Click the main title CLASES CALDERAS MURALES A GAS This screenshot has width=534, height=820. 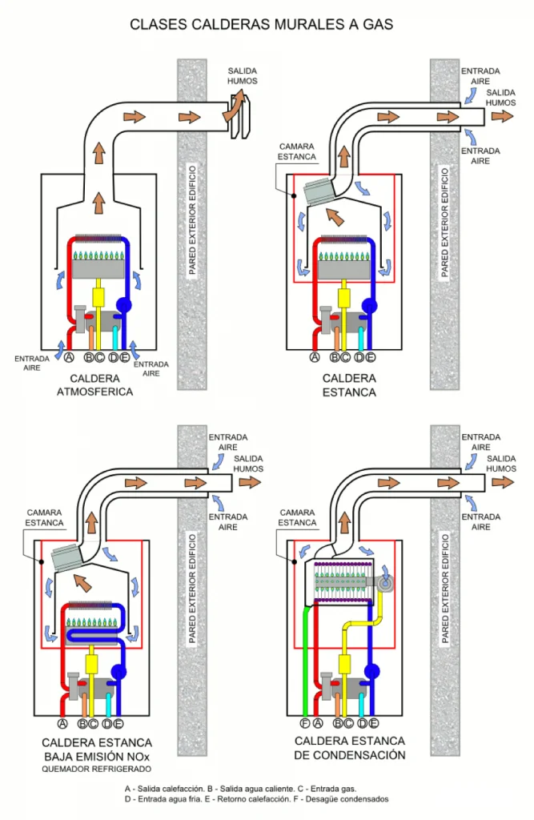[261, 24]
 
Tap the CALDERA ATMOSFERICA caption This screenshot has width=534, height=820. [94, 385]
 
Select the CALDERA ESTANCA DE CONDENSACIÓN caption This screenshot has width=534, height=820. [349, 748]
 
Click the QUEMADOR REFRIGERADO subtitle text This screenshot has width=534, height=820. [97, 770]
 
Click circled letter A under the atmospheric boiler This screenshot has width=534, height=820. [69, 358]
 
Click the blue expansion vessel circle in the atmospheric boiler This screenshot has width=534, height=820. [123, 304]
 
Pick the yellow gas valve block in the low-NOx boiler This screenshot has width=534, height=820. [91, 664]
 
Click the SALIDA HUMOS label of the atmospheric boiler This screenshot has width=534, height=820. [242, 76]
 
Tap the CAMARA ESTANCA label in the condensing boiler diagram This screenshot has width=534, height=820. [297, 518]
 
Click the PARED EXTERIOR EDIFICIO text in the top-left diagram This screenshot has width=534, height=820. [192, 220]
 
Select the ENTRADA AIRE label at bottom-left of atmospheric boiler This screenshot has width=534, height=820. [32, 364]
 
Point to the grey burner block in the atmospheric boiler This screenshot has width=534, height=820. [98, 269]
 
